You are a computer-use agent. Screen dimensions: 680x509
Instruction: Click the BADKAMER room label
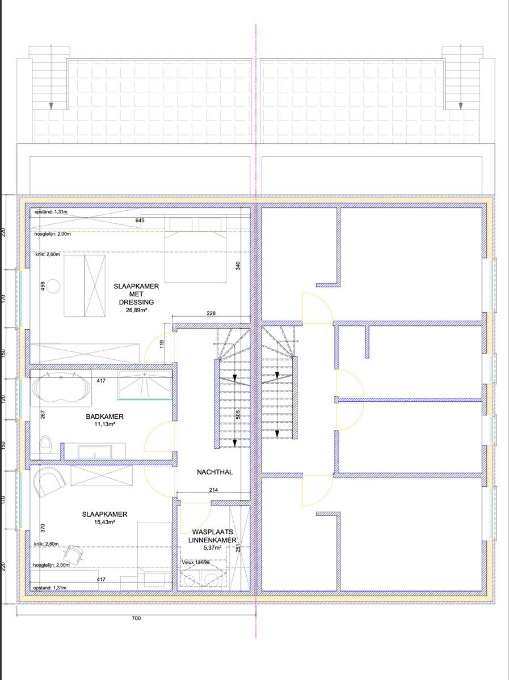pyautogui.click(x=104, y=416)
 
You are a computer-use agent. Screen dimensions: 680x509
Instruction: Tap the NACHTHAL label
pyautogui.click(x=214, y=471)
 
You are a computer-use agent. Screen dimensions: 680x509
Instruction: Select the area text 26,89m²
pyautogui.click(x=137, y=311)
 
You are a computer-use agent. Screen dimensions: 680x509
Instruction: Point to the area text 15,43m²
pyautogui.click(x=104, y=522)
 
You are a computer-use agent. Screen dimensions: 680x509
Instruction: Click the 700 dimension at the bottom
pyautogui.click(x=136, y=618)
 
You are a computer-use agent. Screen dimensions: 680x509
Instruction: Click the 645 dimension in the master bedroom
pyautogui.click(x=140, y=220)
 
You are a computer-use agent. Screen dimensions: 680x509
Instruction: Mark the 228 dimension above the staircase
pyautogui.click(x=211, y=313)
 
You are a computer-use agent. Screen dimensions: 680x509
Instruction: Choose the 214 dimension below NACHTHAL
pyautogui.click(x=213, y=491)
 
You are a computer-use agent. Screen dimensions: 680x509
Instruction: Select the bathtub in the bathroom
pyautogui.click(x=61, y=389)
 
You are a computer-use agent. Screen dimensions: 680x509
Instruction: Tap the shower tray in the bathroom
pyautogui.click(x=144, y=385)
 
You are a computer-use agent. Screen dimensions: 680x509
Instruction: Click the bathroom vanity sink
pyautogui.click(x=94, y=452)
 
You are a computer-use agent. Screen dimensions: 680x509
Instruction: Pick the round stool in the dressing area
pyautogui.click(x=53, y=286)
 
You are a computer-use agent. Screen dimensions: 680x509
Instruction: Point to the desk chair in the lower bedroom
pyautogui.click(x=73, y=552)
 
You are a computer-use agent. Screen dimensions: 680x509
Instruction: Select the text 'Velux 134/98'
pyautogui.click(x=196, y=562)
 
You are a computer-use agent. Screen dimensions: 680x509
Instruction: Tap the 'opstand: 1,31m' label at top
pyautogui.click(x=51, y=211)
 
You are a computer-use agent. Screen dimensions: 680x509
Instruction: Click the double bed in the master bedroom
pyautogui.click(x=195, y=249)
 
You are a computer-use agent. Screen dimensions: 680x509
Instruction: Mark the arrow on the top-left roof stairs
pyautogui.click(x=51, y=106)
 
